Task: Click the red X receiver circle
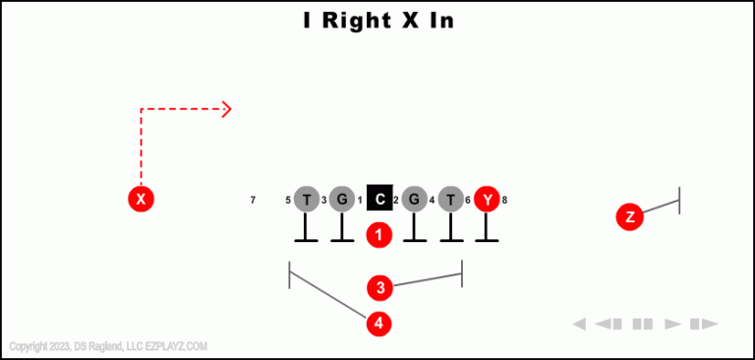tap(142, 200)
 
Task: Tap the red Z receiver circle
tap(630, 216)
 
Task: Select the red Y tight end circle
tap(488, 200)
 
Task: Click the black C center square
tap(379, 200)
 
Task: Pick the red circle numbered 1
tap(379, 235)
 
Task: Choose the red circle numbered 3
tap(380, 288)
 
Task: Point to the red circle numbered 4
tap(380, 323)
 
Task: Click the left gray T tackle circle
tap(307, 200)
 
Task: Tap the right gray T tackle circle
tap(451, 200)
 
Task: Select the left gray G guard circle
tap(341, 200)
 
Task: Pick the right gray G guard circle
tap(415, 200)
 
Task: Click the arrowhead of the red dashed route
tap(228, 108)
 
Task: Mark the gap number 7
tap(253, 201)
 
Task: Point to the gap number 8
tap(504, 201)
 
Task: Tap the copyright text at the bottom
tap(108, 346)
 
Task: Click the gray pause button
tap(643, 324)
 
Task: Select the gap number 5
tap(288, 201)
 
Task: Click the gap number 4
tap(433, 201)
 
